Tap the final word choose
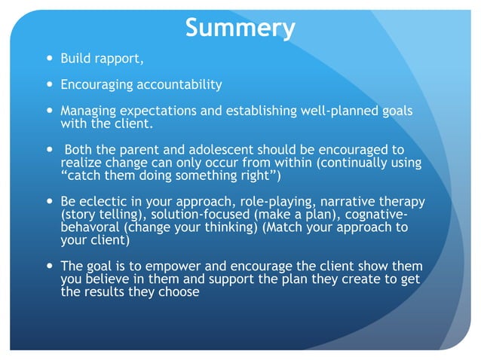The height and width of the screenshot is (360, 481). [x=181, y=292]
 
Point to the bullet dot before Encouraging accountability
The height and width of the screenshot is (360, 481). [x=47, y=84]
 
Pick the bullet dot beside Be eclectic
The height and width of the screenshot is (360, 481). [x=47, y=202]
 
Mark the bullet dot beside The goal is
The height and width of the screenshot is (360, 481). [x=47, y=267]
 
